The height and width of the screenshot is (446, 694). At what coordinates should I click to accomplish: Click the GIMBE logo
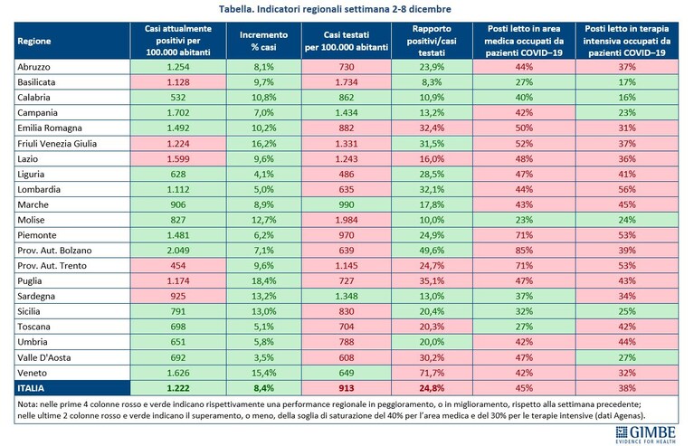pos(646,434)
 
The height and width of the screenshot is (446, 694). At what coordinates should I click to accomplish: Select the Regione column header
pos(34,41)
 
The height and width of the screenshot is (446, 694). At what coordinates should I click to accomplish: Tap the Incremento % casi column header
pos(264,41)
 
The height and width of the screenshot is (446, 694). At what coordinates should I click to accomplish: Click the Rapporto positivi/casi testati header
pos(432,41)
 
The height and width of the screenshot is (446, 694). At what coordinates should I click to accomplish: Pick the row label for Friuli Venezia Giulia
pos(57,143)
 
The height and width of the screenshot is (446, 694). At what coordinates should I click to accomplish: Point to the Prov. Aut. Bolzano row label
pos(54,251)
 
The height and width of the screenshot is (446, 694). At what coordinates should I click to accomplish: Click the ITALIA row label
pos(31,388)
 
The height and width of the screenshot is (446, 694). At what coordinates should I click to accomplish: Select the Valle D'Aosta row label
pos(43,357)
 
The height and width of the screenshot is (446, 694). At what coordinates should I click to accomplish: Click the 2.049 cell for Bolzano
pos(178,251)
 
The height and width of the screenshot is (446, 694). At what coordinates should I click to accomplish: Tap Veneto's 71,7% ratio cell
pos(432,373)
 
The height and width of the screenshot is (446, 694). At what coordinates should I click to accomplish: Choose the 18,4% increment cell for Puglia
pos(264,281)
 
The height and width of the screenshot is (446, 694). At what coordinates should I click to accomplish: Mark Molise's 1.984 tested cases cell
pos(347,220)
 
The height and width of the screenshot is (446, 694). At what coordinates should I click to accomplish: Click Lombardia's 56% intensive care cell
pos(627,189)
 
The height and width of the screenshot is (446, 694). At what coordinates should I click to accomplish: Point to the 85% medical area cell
pos(524,251)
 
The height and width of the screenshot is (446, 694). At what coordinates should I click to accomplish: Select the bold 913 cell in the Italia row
pos(347,388)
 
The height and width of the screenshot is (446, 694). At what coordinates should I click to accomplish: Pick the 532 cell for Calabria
pos(178,98)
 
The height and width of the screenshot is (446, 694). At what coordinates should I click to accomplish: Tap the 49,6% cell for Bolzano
pos(432,251)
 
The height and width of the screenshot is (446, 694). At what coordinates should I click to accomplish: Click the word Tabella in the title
pos(236,9)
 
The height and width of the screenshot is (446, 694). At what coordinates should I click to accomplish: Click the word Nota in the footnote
pos(27,404)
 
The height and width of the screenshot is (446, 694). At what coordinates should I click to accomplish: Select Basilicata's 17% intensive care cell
pos(627,82)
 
